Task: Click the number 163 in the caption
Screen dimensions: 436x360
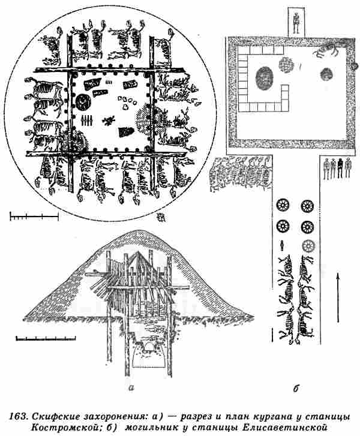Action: (x=20, y=416)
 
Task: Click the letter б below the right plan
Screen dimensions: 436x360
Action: (x=296, y=388)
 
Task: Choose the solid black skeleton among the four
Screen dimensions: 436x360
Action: (x=340, y=169)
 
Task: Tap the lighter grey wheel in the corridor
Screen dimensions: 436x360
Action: (x=308, y=245)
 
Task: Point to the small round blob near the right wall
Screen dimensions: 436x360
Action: (x=325, y=74)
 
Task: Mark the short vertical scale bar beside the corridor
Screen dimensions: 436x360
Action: (x=274, y=333)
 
